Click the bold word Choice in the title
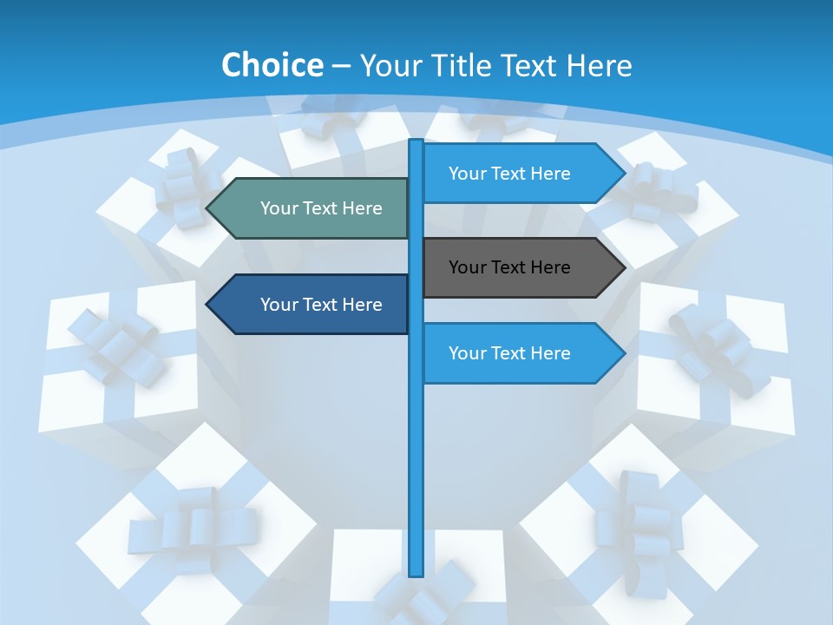(272, 65)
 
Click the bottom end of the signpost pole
(416, 573)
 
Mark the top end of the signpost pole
(416, 142)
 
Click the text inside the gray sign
(509, 267)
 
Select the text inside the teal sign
(321, 208)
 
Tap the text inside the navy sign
(321, 305)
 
